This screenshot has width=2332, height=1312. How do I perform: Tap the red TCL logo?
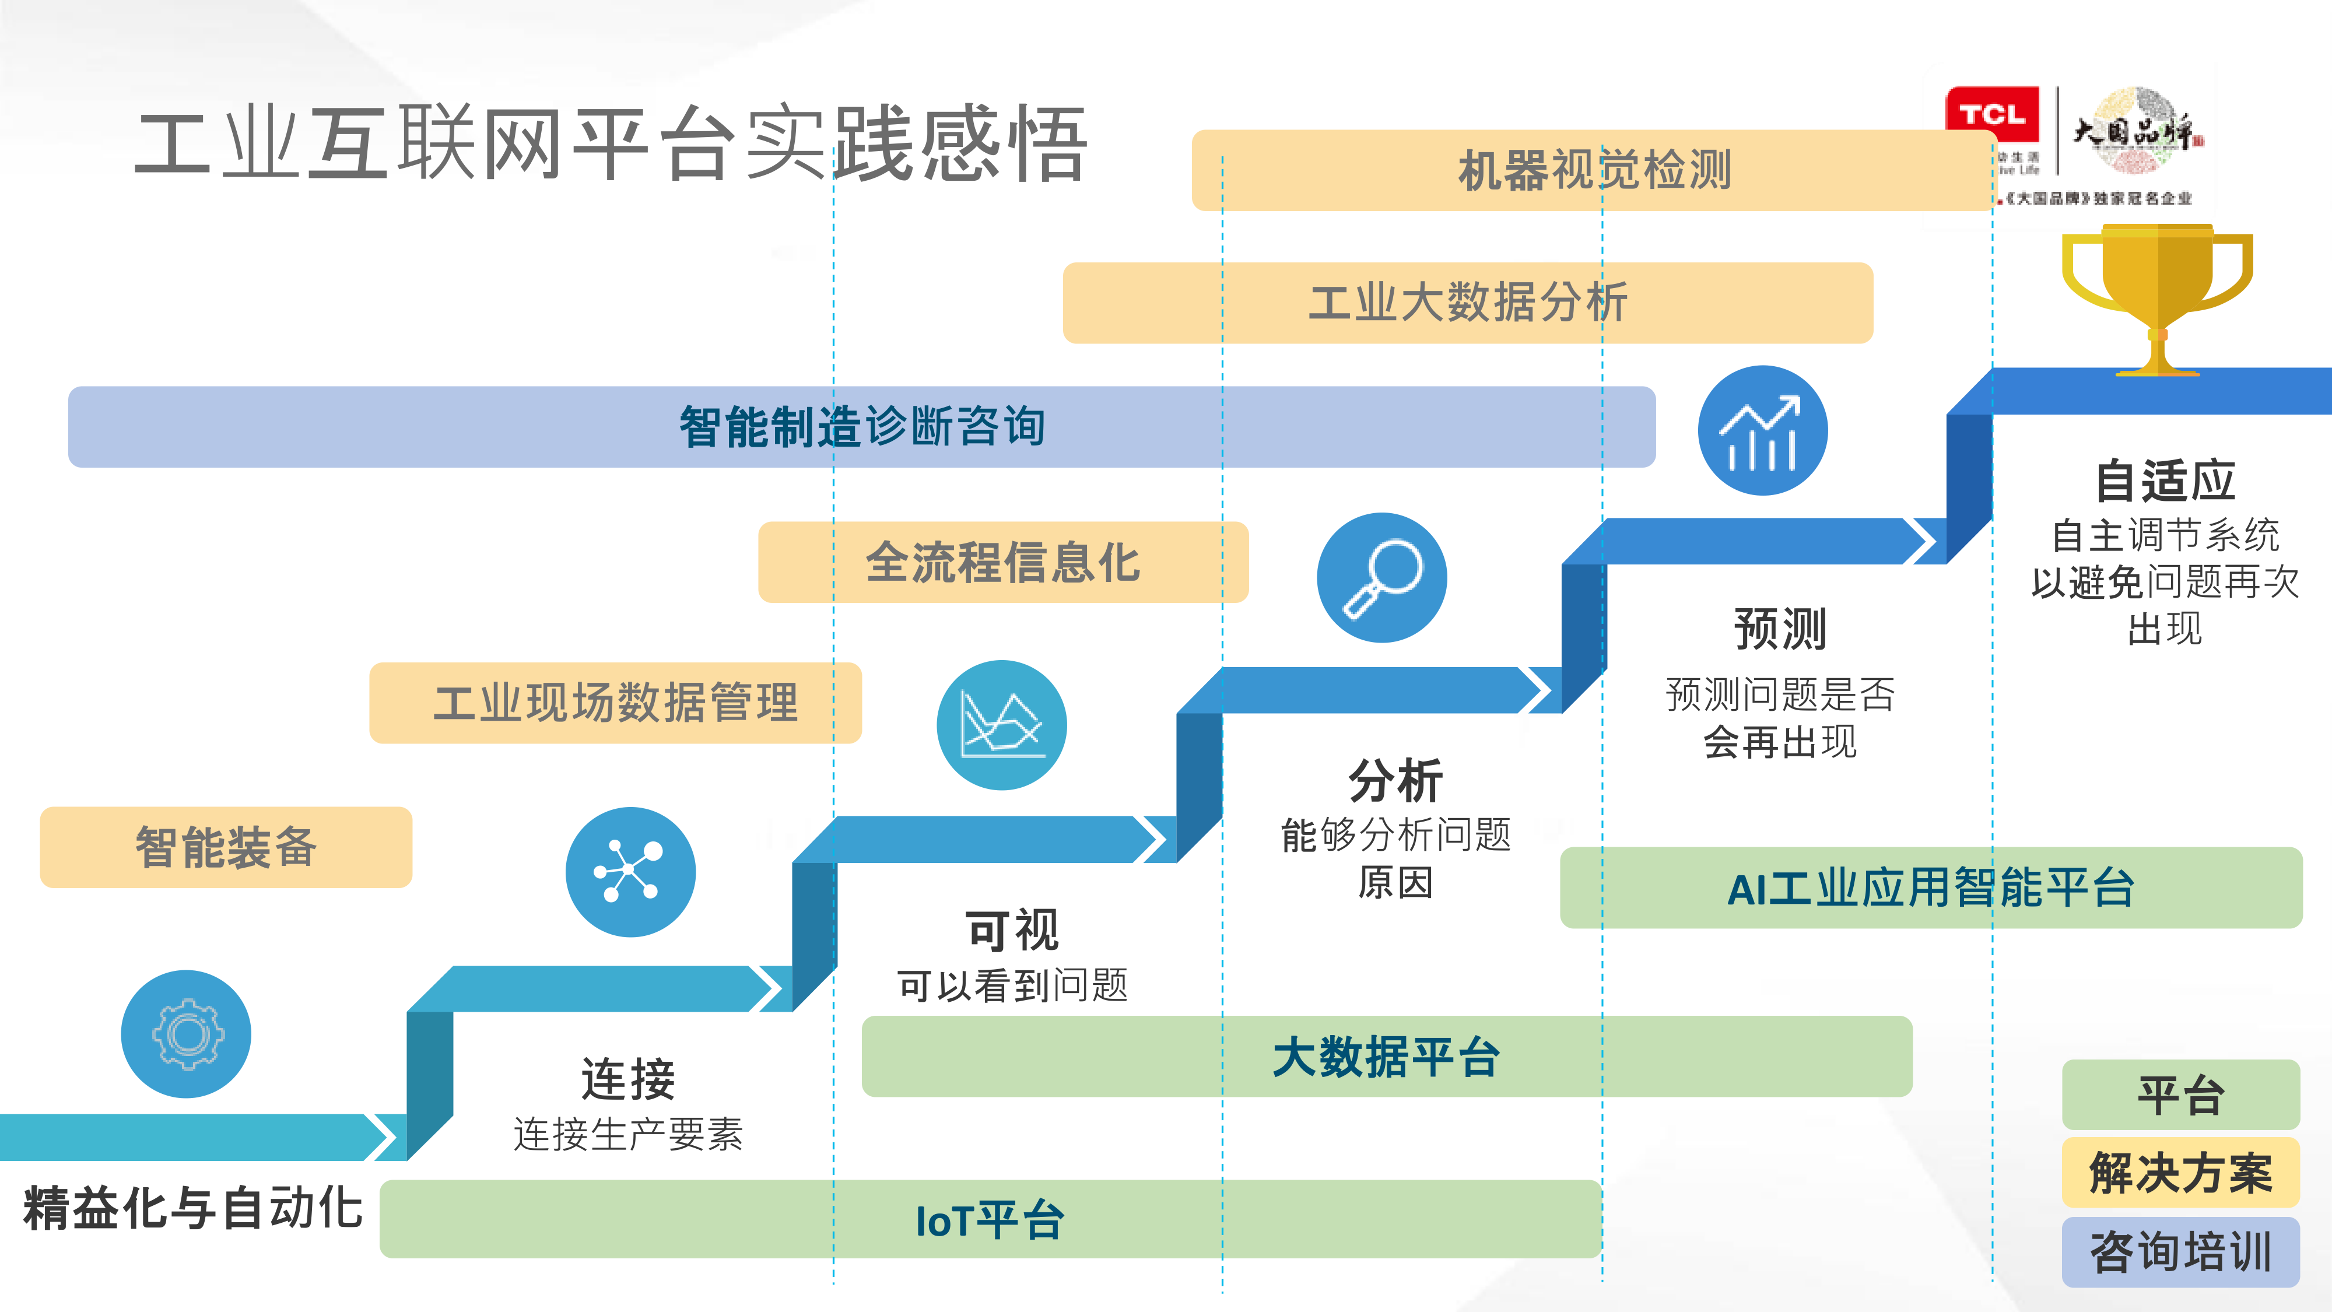(1991, 115)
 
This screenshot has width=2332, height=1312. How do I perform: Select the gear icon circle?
(187, 1034)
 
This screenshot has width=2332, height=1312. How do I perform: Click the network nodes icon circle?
(630, 872)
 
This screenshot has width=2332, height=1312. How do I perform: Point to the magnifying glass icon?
(1381, 578)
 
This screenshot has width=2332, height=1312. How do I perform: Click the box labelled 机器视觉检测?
(1593, 170)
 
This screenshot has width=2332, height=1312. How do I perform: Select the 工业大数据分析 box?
(1467, 303)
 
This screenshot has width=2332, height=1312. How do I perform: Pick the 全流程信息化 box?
(1003, 562)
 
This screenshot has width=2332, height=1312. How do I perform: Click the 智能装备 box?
(226, 847)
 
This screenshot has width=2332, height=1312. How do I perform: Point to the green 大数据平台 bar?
(1386, 1057)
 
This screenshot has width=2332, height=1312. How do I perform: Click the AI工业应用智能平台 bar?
(1930, 887)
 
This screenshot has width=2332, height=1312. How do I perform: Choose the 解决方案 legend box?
(2180, 1173)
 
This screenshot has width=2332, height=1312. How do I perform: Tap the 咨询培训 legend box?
(2180, 1253)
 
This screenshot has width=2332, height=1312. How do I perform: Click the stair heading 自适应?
(2165, 481)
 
